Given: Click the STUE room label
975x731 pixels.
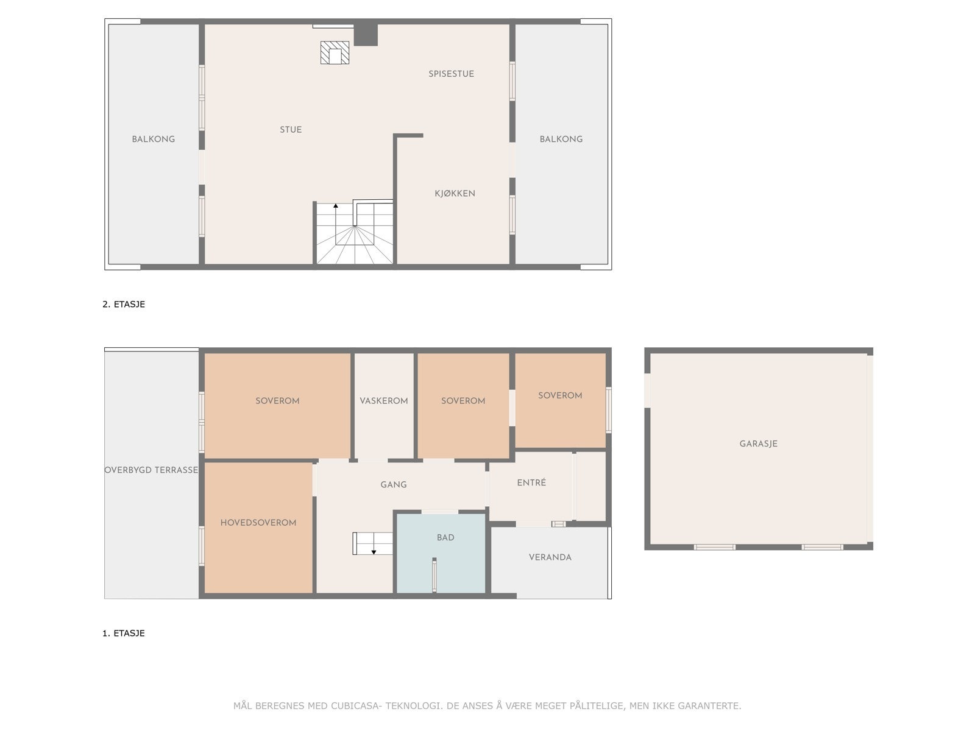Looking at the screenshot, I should tap(291, 130).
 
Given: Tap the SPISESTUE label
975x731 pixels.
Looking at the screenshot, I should tap(451, 74).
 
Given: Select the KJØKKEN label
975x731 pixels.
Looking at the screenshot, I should tap(455, 194).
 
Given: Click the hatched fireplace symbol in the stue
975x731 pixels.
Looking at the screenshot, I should tap(335, 53).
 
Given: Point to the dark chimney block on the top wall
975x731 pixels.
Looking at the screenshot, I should tap(366, 34).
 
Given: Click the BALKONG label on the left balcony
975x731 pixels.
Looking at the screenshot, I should tap(154, 139).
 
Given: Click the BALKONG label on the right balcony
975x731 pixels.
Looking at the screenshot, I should tap(561, 139).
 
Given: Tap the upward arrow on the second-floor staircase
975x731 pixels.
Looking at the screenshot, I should tap(336, 208).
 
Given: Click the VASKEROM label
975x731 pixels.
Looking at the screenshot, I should tap(384, 401).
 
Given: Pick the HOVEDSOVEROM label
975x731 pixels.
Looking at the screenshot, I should tap(258, 523).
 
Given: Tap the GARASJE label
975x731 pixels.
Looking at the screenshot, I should tap(758, 444).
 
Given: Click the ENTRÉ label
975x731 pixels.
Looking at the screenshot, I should tap(531, 482).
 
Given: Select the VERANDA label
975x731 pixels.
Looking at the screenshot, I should tap(550, 557).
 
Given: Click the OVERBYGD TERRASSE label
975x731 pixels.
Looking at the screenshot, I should tap(151, 470).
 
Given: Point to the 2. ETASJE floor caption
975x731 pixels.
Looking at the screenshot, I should tap(124, 305).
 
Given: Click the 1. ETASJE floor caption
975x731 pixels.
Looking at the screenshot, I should tap(124, 634).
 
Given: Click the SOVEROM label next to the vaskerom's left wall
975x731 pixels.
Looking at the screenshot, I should tap(277, 401).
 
